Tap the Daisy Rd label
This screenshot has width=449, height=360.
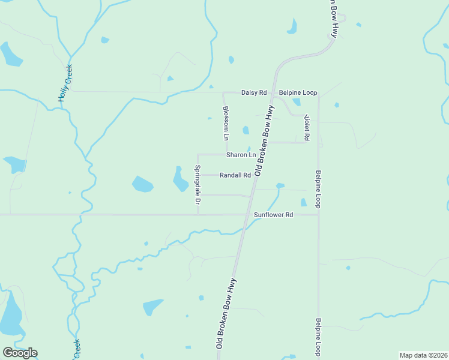click(x=253, y=93)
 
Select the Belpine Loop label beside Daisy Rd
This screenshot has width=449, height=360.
click(x=298, y=93)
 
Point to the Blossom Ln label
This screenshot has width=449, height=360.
click(x=226, y=123)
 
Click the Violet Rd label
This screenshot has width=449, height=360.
click(x=306, y=127)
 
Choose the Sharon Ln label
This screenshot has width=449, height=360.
click(x=241, y=155)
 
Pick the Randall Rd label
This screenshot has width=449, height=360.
click(x=235, y=175)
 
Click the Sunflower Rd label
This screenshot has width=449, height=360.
click(x=273, y=214)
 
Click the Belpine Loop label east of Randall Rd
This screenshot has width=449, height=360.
click(x=319, y=189)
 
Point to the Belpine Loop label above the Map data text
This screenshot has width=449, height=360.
click(x=319, y=336)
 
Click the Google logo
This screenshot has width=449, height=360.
click(x=20, y=353)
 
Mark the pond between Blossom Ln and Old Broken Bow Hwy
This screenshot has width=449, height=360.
click(x=245, y=130)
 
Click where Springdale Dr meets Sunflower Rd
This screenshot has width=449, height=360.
click(x=197, y=214)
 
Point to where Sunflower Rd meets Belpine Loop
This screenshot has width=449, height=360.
click(x=319, y=214)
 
